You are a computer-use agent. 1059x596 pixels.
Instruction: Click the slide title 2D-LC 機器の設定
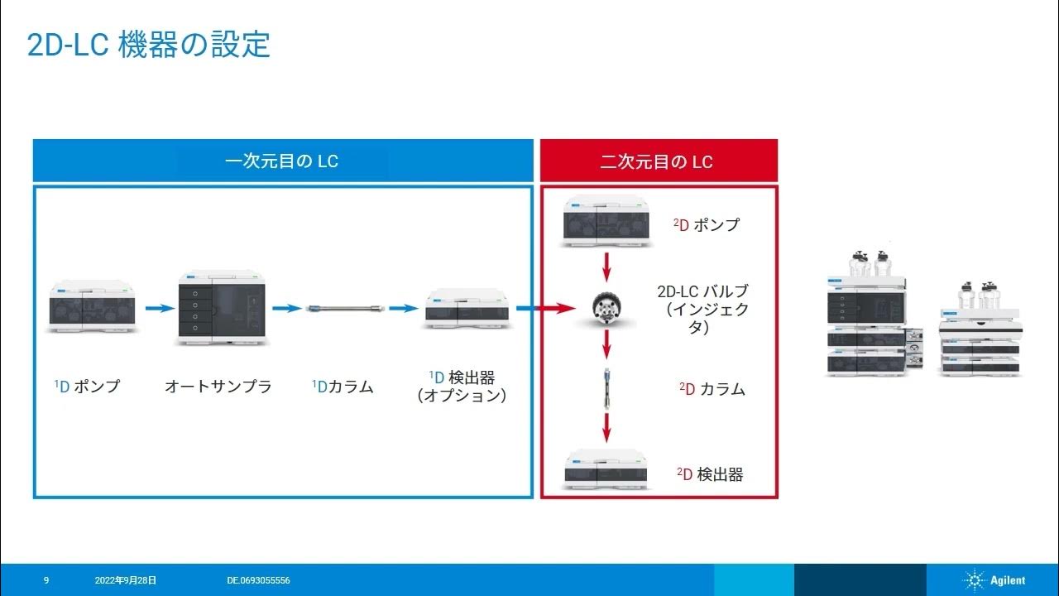coord(149,45)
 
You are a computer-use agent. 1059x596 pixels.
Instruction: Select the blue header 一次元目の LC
coord(282,161)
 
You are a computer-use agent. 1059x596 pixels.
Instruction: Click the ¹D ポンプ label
coord(87,386)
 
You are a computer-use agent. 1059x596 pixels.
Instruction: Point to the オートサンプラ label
coord(218,386)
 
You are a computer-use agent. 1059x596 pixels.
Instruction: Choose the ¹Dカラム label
coord(343,386)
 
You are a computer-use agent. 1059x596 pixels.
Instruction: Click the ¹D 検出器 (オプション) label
coord(462,387)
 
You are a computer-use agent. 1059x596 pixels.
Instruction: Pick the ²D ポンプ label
coord(707,224)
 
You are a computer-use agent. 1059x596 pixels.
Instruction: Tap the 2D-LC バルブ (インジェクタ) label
coord(702,310)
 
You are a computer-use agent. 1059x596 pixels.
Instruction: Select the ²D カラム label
coord(712,389)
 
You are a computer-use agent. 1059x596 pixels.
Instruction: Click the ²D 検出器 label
coord(710,474)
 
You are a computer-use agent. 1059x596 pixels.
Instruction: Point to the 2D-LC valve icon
coord(606,310)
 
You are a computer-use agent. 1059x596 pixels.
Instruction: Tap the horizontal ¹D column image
coord(344,309)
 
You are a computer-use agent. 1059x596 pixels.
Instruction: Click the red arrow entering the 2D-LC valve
coord(553,309)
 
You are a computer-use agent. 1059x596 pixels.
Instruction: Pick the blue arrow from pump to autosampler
coord(161,309)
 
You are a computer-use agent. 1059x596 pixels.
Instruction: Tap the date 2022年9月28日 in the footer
coord(126,581)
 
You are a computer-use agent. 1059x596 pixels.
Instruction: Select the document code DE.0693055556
coord(258,581)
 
